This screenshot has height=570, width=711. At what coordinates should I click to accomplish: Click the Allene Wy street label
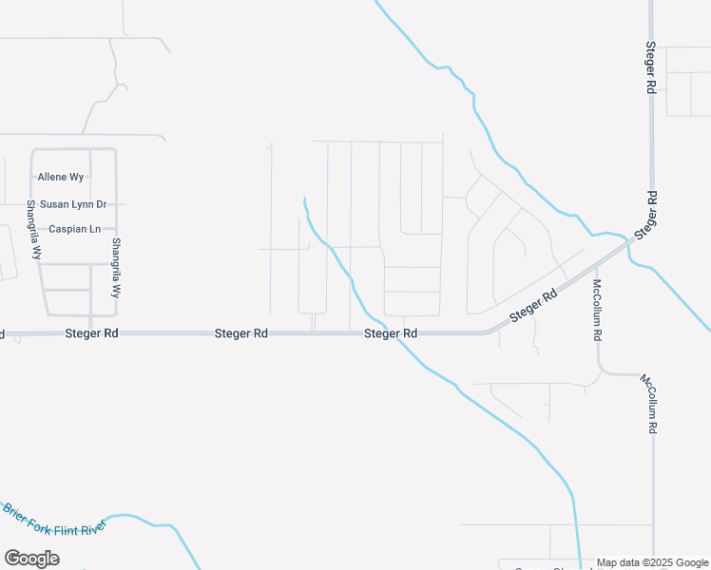[x=61, y=177]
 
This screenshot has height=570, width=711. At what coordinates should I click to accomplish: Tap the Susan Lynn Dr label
[x=72, y=203]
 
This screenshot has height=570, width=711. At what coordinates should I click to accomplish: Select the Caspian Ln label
[x=75, y=229]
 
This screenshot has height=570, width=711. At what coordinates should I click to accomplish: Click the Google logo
[x=31, y=559]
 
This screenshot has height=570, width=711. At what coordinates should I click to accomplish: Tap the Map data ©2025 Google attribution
[x=653, y=562]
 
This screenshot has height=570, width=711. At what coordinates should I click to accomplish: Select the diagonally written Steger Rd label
[x=533, y=308]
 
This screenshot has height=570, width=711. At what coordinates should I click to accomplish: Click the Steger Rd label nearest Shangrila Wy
[x=92, y=333]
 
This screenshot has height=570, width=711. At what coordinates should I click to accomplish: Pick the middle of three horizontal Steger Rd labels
[x=241, y=333]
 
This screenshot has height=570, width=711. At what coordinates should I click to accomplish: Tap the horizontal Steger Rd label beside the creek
[x=391, y=333]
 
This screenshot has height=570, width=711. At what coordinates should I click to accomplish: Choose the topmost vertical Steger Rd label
[x=651, y=66]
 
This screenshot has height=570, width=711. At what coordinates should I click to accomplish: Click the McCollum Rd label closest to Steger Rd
[x=598, y=311]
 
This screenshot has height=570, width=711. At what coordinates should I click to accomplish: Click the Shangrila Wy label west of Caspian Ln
[x=34, y=230]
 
